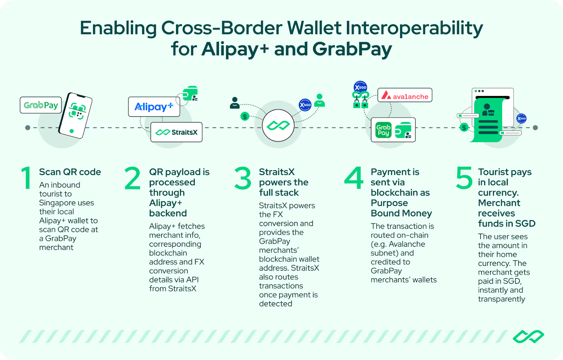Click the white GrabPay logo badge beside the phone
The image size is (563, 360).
pos(41,105)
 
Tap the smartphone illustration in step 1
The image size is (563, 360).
pos(75,115)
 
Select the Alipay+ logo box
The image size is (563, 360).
pos(154,107)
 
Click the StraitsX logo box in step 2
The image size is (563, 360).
pos(176,132)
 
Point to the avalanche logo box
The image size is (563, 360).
pos(405,95)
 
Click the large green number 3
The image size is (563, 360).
pos(243,178)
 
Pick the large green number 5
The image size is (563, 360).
pos(464,178)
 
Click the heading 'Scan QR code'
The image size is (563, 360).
pos(70,172)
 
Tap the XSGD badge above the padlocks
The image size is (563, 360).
pos(360,87)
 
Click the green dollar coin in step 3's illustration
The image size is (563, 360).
pos(245,116)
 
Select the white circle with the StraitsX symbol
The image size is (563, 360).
pos(278,125)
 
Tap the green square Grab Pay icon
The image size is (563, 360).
pos(383,130)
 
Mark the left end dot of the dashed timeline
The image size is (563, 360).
pos(28,127)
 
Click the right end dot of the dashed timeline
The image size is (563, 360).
pos(535,127)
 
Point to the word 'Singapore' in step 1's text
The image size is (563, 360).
pos(67,203)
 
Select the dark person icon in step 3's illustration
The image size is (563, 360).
pos(234,103)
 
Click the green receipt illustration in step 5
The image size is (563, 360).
pos(488,120)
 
